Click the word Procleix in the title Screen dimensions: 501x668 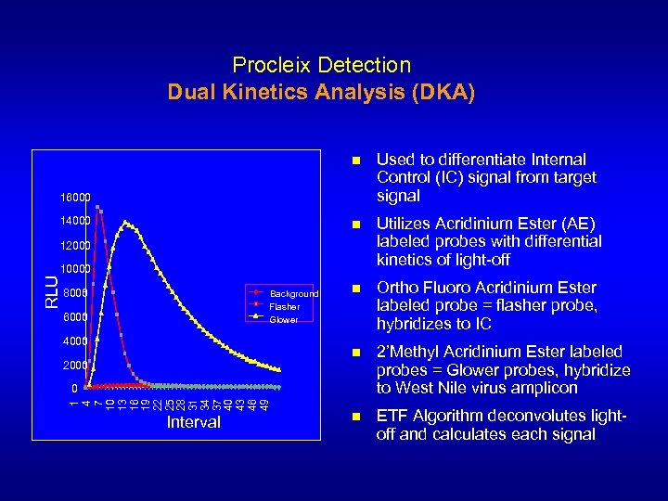coord(271,65)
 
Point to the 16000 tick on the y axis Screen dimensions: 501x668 coord(76,198)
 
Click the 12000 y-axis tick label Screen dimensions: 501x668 coord(76,246)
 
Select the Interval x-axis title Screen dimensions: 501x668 coord(194,423)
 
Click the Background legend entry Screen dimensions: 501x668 coord(293,294)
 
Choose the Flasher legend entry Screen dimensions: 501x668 coord(284,306)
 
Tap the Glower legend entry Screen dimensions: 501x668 coord(284,319)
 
